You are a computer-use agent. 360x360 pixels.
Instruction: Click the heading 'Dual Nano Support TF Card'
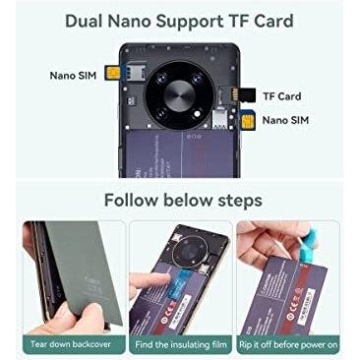[180, 19]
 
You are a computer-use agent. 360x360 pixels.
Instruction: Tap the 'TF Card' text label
[282, 96]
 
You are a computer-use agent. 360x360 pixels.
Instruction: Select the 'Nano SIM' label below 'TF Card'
[285, 120]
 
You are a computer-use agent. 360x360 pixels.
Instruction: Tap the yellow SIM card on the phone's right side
[245, 121]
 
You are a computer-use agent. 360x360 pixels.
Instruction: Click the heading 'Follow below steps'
[180, 201]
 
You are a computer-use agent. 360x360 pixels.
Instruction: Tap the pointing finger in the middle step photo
[148, 285]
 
